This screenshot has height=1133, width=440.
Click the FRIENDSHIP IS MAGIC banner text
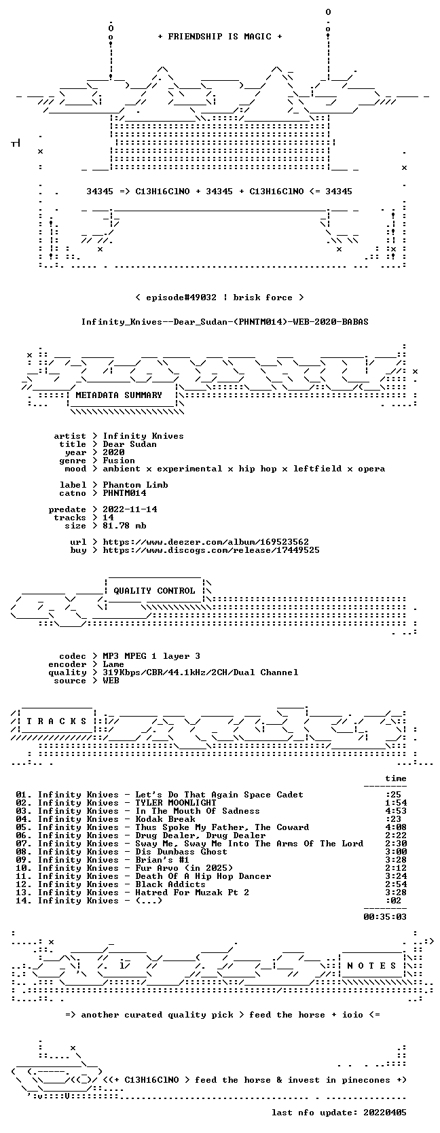[x=219, y=37]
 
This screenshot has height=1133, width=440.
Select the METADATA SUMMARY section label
[x=119, y=395]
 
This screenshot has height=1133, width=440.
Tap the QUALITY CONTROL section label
[x=154, y=591]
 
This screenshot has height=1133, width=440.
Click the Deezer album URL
[x=206, y=542]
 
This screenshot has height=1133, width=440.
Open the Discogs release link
[x=211, y=550]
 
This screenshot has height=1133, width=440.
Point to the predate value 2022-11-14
[x=130, y=509]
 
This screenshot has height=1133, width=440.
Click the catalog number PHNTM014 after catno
[x=124, y=492]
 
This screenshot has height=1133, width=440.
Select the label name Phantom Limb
[x=135, y=484]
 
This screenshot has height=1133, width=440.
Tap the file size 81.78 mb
[x=124, y=526]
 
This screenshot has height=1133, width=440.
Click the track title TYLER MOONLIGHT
[x=175, y=803]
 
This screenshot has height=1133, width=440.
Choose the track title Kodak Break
[x=165, y=819]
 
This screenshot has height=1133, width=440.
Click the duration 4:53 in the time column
[x=395, y=811]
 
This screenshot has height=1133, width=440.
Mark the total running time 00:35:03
[x=385, y=916]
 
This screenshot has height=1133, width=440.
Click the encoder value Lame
[x=113, y=664]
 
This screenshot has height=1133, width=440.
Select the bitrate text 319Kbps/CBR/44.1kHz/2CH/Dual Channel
[x=200, y=672]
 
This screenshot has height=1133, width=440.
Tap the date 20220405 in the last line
[x=385, y=1112]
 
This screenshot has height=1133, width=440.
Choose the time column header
[x=395, y=778]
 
